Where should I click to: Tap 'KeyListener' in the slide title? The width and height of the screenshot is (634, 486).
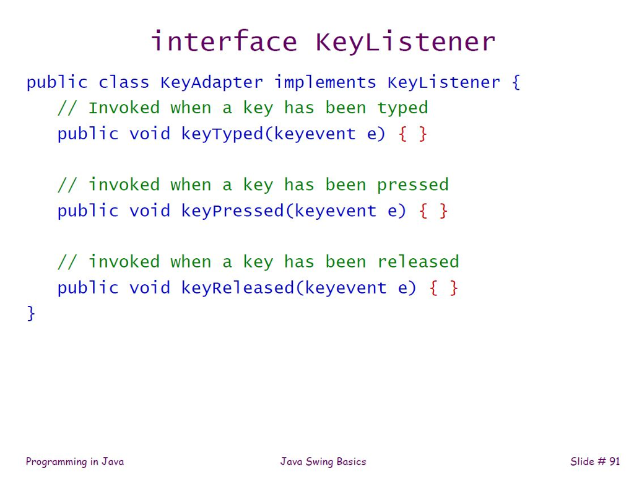point(406,42)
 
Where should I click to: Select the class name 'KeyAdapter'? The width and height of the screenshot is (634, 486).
point(212,82)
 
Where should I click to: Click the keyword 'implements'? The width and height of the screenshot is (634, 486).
point(325,82)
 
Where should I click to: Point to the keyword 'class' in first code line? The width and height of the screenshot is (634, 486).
point(124,82)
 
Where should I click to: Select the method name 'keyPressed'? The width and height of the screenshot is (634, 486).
point(232,210)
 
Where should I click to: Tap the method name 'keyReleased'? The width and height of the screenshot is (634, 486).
point(238,287)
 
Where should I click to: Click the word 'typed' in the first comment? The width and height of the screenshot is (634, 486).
point(402,108)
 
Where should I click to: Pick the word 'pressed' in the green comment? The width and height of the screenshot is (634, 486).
point(413,185)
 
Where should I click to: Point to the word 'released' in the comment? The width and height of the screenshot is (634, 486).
point(418,262)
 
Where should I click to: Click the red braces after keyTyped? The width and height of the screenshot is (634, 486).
point(413,134)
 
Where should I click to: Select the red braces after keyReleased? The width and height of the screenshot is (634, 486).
point(444,287)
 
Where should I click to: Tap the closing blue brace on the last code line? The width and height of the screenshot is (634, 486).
point(31,313)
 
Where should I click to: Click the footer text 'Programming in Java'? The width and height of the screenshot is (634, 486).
point(75,461)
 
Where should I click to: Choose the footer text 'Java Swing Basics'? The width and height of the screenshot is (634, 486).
point(323,461)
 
